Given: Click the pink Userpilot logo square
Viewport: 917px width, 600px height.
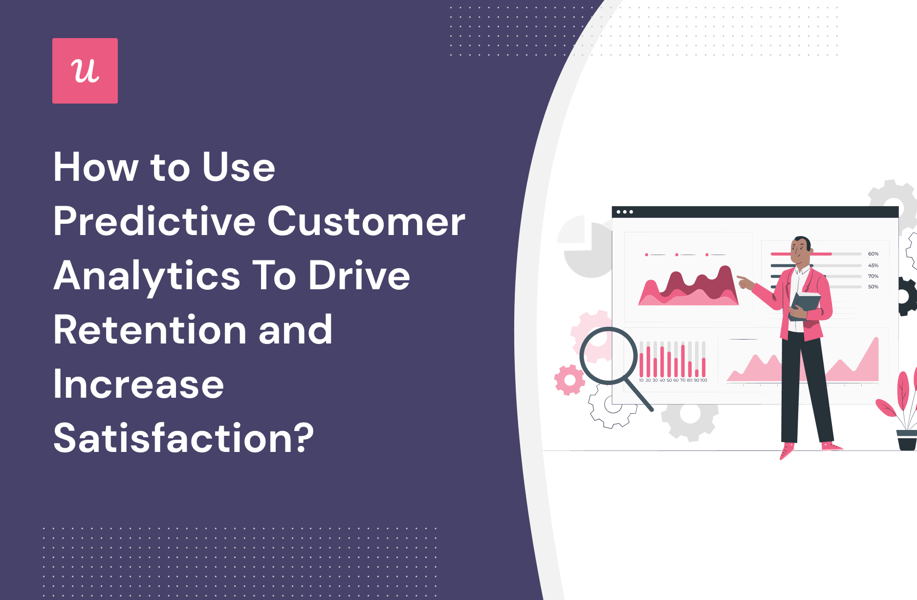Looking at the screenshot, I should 85,71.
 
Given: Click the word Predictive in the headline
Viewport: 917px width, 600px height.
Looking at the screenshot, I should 154,221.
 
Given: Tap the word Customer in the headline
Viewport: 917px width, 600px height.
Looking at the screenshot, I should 366,221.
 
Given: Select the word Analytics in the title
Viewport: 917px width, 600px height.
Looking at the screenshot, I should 147,276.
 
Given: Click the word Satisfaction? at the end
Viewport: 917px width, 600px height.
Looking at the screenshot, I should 183,438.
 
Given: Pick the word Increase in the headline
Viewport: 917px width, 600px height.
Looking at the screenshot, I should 138,384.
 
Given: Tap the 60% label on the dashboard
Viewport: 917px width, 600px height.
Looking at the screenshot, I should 873,254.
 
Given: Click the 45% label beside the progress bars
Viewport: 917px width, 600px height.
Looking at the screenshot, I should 873,265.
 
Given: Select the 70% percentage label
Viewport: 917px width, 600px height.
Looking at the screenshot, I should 873,276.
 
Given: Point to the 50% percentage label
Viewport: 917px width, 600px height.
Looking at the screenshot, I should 873,287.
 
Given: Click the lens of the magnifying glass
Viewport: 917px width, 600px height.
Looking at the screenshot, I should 609,355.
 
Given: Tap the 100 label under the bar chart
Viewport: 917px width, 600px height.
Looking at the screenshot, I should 703,380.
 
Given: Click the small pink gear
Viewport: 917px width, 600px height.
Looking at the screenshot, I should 569,380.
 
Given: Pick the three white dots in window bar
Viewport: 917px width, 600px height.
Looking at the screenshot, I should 625,212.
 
